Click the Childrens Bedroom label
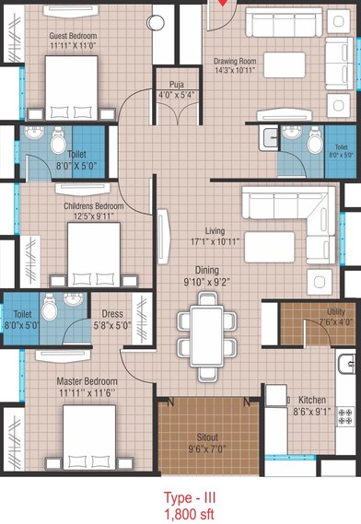(94, 205)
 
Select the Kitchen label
(312, 400)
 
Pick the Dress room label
(112, 313)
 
